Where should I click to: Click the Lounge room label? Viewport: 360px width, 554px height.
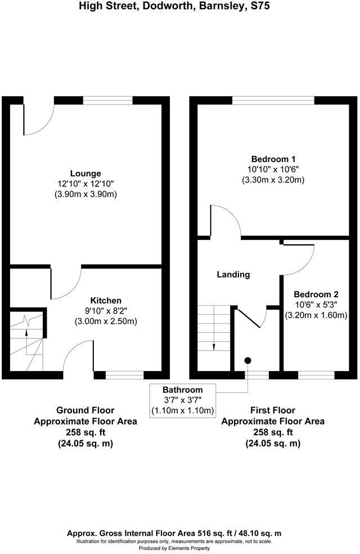pyautogui.click(x=85, y=173)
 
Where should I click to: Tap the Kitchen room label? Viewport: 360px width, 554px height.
pyautogui.click(x=106, y=301)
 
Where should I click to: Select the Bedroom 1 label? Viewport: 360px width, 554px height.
pyautogui.click(x=273, y=159)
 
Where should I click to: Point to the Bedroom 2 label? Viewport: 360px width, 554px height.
pyautogui.click(x=316, y=294)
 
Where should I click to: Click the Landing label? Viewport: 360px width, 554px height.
pyautogui.click(x=233, y=275)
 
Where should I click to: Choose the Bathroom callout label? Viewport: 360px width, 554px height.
pyautogui.click(x=182, y=390)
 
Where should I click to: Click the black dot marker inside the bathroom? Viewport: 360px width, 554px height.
pyautogui.click(x=247, y=360)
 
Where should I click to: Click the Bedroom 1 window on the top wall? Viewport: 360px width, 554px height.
pyautogui.click(x=273, y=100)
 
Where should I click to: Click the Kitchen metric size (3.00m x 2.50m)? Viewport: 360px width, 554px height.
pyautogui.click(x=106, y=321)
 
